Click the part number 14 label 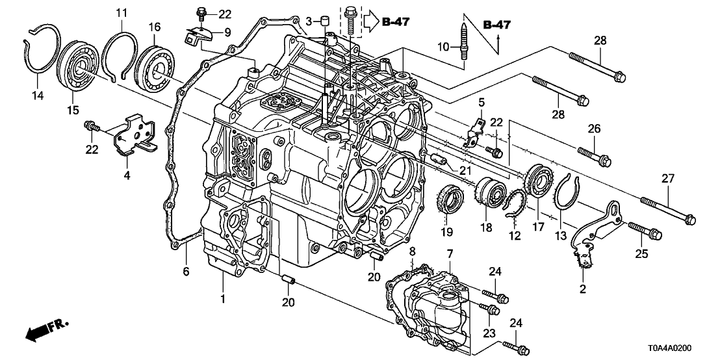click(38, 95)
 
